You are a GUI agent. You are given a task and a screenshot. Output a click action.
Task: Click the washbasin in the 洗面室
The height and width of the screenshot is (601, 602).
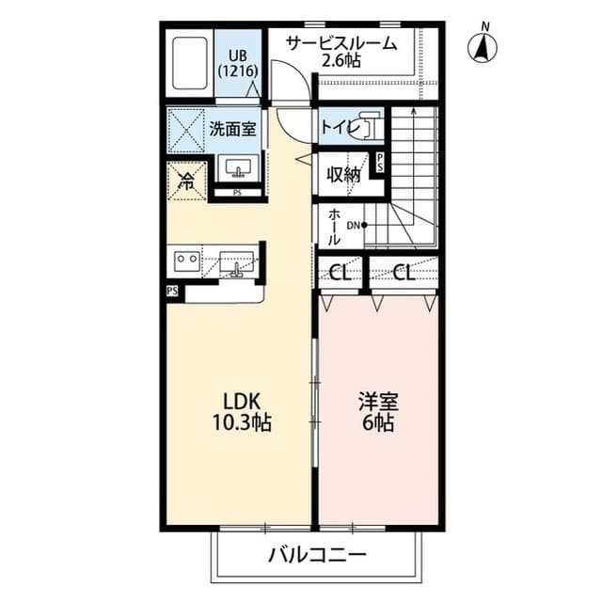point(236,169)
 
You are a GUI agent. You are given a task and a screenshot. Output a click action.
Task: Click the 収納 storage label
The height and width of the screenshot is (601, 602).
point(343,175)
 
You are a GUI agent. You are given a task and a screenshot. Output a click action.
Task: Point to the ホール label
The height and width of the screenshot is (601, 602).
point(335,226)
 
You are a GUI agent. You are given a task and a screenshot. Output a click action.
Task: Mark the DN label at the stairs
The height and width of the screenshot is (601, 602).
point(355,225)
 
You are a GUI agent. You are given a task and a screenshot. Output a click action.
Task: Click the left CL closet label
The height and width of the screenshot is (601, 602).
point(341,274)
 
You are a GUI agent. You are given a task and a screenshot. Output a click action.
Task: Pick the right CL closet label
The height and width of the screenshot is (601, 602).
point(404,274)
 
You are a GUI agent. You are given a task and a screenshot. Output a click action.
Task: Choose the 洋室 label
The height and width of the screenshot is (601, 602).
point(378,403)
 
